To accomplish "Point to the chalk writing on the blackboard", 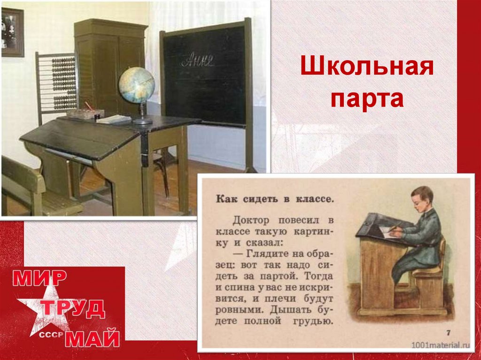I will click(x=198, y=60).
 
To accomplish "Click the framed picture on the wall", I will click(x=12, y=32).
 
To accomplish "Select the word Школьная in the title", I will click(x=366, y=68).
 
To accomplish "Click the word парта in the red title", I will click(x=366, y=99).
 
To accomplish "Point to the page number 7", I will click(x=448, y=333).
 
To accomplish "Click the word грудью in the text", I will click(x=314, y=322).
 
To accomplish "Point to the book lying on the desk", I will click(x=113, y=119).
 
